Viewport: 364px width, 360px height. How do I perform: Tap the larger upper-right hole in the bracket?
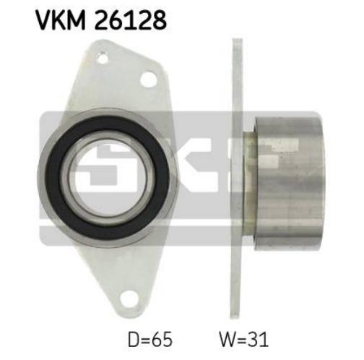[149, 79]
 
